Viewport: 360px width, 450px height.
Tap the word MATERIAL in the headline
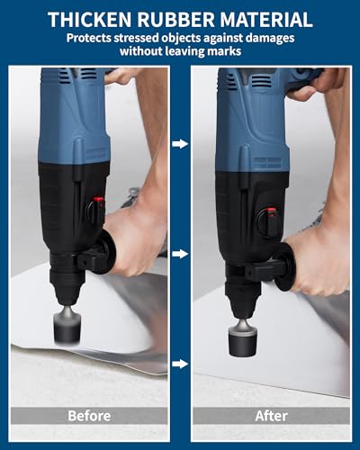point(265,19)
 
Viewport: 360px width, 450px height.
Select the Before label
point(89,416)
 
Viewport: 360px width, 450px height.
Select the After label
point(271,416)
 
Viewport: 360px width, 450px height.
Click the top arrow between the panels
point(180,143)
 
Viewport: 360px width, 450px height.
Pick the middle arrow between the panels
point(180,254)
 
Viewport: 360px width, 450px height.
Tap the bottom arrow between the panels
point(180,364)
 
